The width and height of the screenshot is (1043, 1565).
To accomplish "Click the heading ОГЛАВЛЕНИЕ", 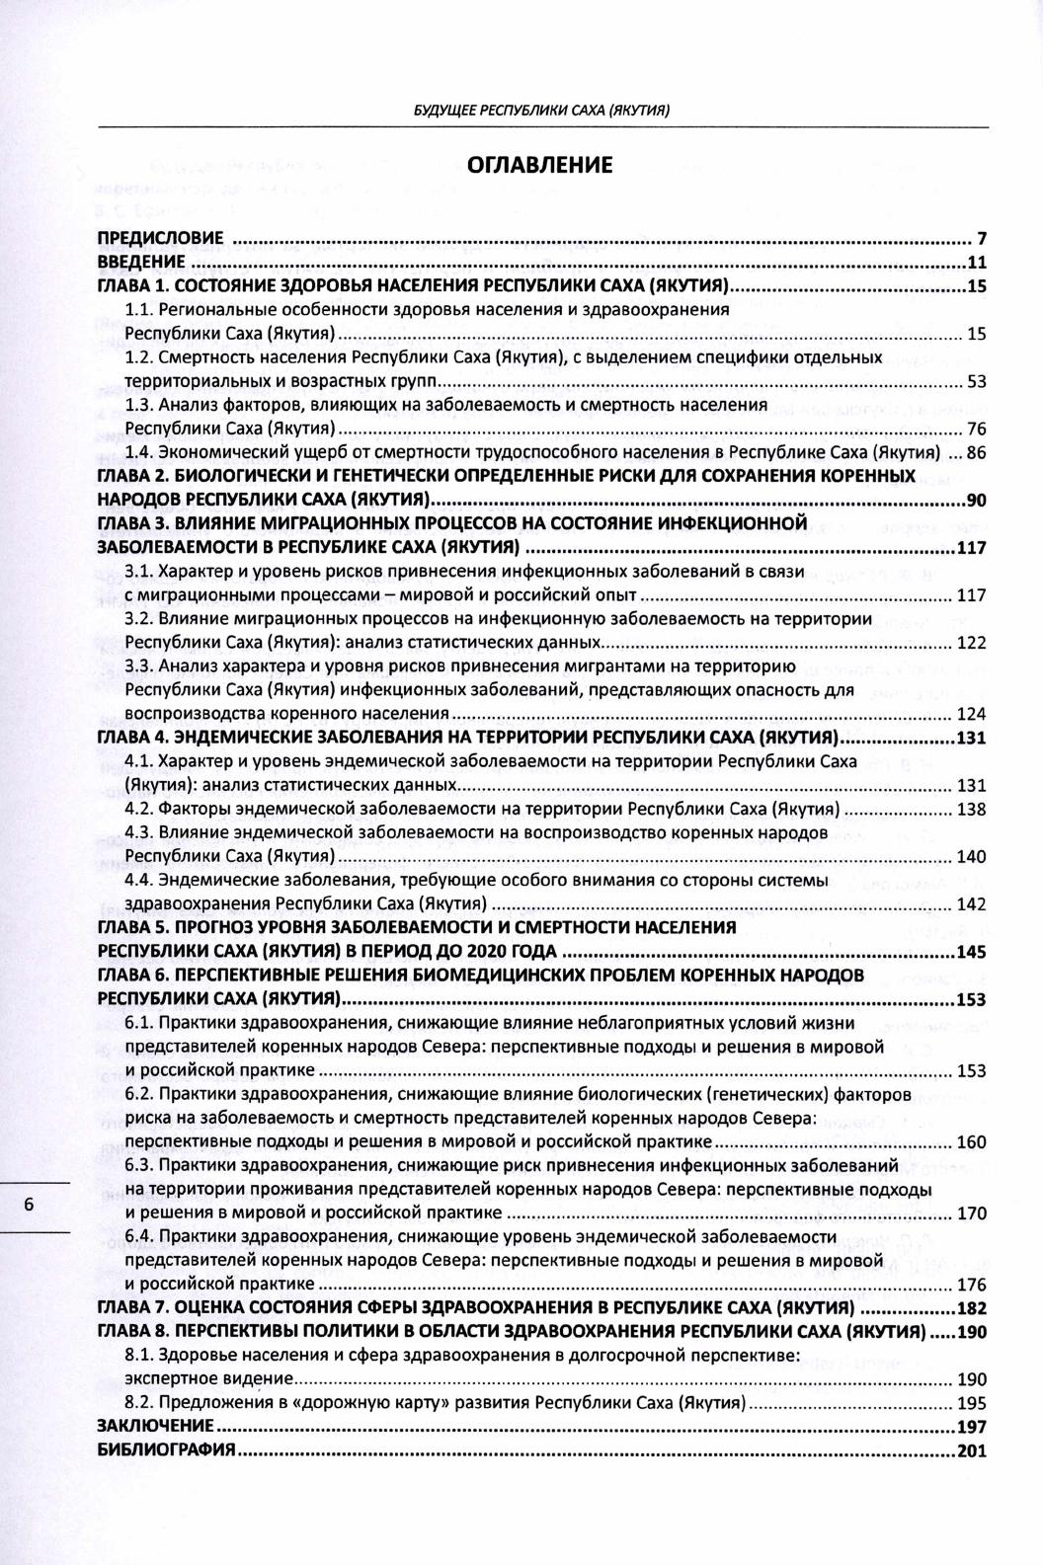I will point(539,165).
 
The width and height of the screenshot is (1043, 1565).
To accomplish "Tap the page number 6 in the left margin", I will point(30,1206).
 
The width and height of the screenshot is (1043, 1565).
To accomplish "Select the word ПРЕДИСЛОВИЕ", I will point(159,239).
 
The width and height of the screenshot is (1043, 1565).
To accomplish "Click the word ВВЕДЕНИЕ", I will point(141,263).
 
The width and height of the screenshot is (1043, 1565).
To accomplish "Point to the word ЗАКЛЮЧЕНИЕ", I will point(155,1426).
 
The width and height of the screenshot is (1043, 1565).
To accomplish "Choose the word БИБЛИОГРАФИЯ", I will point(166,1449).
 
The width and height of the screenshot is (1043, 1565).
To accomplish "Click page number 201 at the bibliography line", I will point(972,1450).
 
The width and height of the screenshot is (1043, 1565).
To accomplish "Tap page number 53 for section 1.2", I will point(976,381).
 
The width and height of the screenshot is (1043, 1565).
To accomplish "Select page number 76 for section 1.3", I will point(976,429).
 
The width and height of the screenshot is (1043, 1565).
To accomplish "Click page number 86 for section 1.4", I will point(976,453).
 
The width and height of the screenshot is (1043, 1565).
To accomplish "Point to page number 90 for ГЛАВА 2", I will point(976,501).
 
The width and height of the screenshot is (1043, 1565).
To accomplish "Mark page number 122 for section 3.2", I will point(972,643).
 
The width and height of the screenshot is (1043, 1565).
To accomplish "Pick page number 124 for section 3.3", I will point(972,714).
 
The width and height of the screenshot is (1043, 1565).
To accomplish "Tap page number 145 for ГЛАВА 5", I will point(972,952).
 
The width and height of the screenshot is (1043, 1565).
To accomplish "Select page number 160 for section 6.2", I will point(972,1142).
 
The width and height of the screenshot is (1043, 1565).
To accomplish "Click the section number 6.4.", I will point(139,1236).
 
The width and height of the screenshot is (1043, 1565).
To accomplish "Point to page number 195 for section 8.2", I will point(972,1403).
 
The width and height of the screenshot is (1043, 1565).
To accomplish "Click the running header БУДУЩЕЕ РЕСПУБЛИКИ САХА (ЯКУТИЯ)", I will point(541,111).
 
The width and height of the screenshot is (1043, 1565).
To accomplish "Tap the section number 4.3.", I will point(139,832).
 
